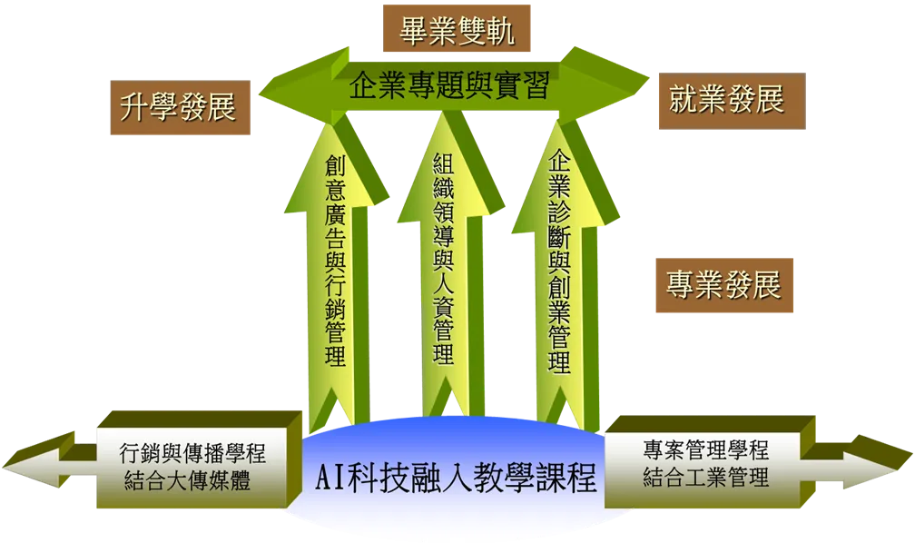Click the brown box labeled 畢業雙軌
[457, 28]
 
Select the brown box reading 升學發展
[181, 107]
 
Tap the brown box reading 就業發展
[732, 101]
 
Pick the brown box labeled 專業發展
[724, 285]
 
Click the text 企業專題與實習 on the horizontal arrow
[449, 86]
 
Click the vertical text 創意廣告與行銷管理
[335, 261]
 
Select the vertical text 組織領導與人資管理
[444, 258]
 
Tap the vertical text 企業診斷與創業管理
[558, 261]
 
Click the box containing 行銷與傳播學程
[199, 459]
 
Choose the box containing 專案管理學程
[710, 461]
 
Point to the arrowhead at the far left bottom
[38, 459]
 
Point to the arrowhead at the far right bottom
[879, 461]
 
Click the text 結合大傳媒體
[187, 480]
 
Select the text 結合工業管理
[706, 477]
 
